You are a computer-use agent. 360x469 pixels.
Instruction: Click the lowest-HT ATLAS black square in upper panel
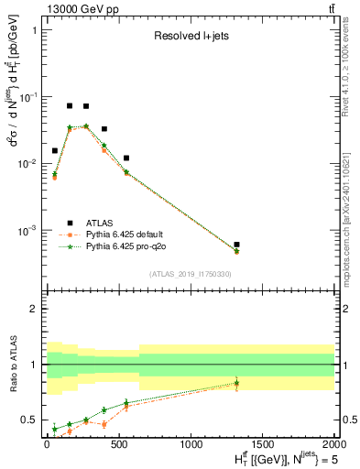[x=55, y=150]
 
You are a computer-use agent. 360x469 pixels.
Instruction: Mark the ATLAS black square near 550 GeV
[x=126, y=158]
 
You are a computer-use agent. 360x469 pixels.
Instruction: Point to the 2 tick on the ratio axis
[x=33, y=309]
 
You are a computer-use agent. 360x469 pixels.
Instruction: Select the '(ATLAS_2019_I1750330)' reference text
[x=189, y=274]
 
